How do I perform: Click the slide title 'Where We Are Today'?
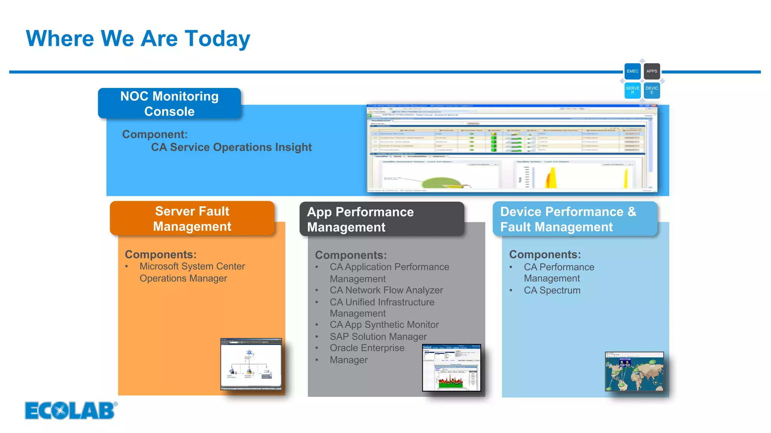pyautogui.click(x=138, y=39)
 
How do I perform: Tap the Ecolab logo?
pyautogui.click(x=71, y=410)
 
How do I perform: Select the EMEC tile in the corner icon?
pyautogui.click(x=632, y=71)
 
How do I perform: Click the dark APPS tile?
pyautogui.click(x=652, y=71)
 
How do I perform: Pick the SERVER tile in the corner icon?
pyautogui.click(x=632, y=91)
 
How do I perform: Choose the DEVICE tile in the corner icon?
pyautogui.click(x=652, y=91)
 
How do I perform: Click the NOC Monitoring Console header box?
pyautogui.click(x=169, y=104)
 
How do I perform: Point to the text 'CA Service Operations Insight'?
pyautogui.click(x=231, y=147)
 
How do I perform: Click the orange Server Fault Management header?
pyautogui.click(x=192, y=219)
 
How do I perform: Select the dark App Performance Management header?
pyautogui.click(x=382, y=220)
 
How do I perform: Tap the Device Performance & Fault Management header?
pyautogui.click(x=574, y=219)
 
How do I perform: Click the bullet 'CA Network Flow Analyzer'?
pyautogui.click(x=386, y=290)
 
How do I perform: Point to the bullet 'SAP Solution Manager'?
pyautogui.click(x=378, y=337)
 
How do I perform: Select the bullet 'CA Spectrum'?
pyautogui.click(x=552, y=291)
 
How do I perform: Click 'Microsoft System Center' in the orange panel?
pyautogui.click(x=192, y=266)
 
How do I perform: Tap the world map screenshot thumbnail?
pyautogui.click(x=634, y=371)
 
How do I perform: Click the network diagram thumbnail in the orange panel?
pyautogui.click(x=251, y=364)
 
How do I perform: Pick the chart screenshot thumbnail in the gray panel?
pyautogui.click(x=451, y=368)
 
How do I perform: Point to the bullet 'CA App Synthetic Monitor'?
pyautogui.click(x=384, y=325)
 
